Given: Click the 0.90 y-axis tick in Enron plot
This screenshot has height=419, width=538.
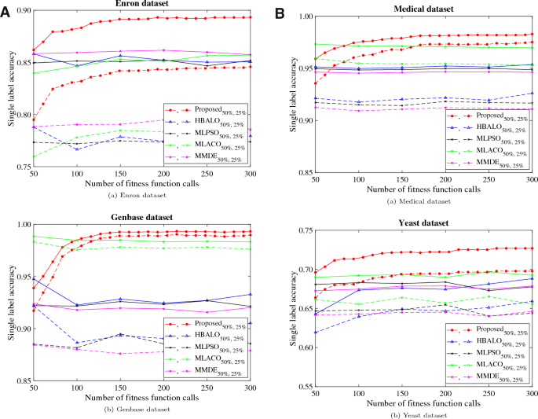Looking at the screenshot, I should pos(22,10).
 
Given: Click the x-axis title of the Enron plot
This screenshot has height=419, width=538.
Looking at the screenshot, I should pos(141,183).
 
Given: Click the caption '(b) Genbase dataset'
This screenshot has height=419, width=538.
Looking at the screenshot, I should pos(141,411).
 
